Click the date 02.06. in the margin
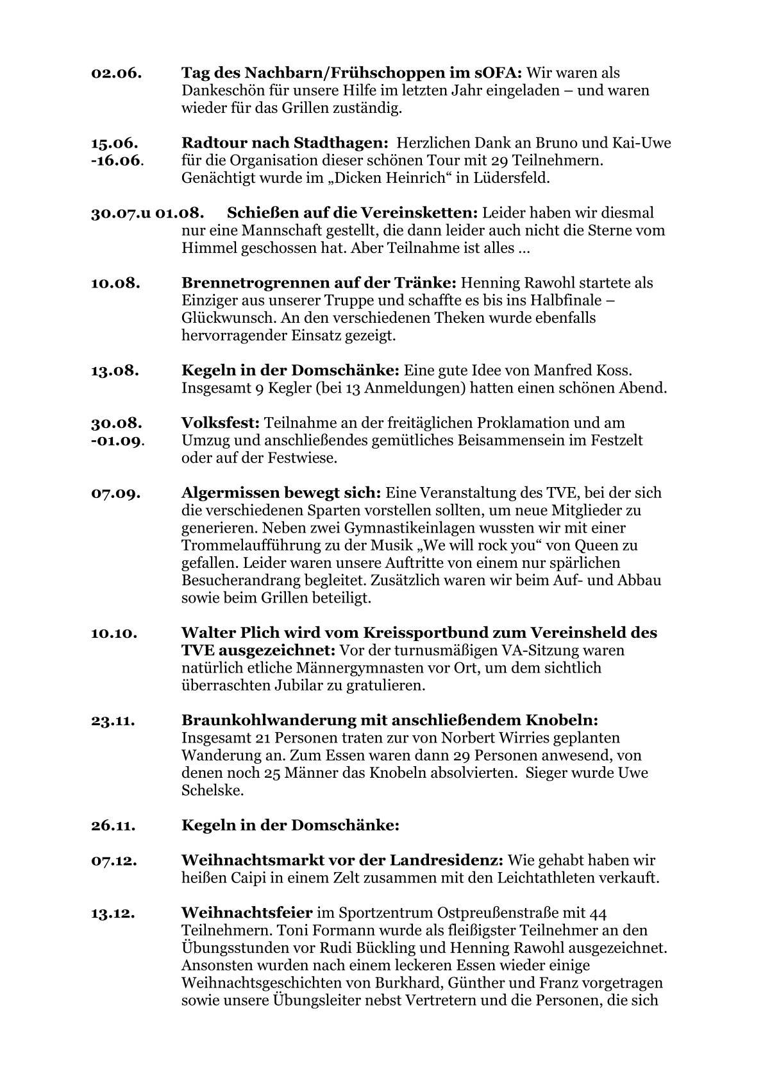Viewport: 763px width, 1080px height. pos(116,73)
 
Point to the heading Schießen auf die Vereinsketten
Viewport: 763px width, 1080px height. pos(352,212)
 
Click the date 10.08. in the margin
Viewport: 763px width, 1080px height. pos(116,283)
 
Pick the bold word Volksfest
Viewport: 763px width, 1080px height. pos(220,424)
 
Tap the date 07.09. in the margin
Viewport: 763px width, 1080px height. pos(116,493)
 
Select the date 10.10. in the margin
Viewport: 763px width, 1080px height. pos(115,633)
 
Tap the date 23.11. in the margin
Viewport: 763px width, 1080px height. pos(113,721)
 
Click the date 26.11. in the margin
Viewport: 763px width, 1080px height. pos(113,825)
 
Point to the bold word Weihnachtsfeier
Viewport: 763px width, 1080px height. pos(247,913)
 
